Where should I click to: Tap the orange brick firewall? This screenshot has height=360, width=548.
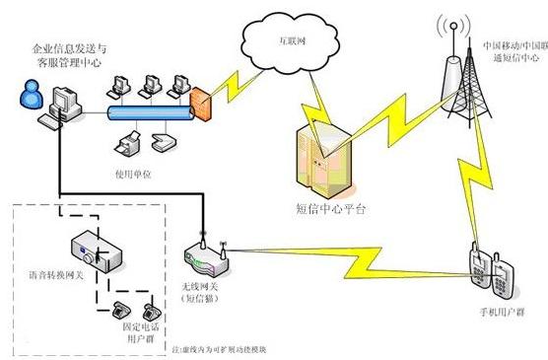tap(200, 103)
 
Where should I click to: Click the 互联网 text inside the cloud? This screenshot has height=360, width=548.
tap(287, 42)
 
